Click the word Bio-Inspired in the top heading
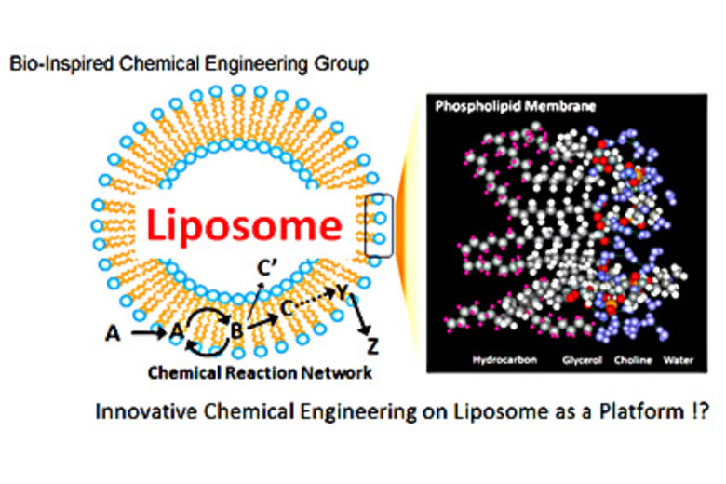pyautogui.click(x=47, y=65)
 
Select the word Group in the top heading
pyautogui.click(x=345, y=65)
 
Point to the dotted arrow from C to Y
pyautogui.click(x=316, y=300)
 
